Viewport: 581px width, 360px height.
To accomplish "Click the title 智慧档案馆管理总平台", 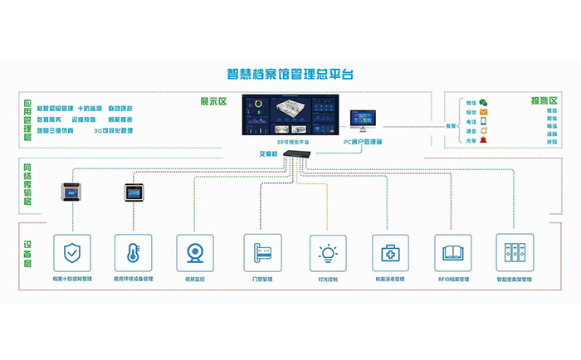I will [290, 73].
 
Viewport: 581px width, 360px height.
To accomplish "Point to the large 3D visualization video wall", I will [289, 116].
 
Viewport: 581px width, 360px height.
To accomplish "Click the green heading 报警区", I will [544, 100].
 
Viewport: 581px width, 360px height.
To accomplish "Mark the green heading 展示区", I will [212, 102].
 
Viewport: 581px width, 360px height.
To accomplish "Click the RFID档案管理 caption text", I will [453, 280].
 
